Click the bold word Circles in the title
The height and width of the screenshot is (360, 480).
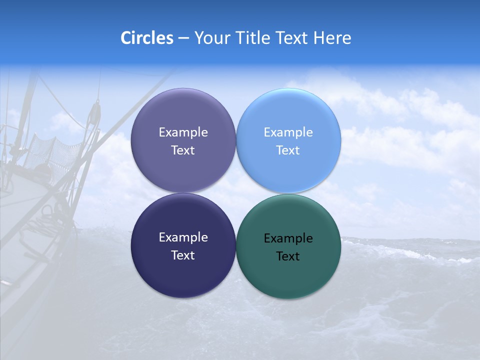click(x=147, y=38)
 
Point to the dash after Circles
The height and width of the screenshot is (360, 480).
click(x=183, y=38)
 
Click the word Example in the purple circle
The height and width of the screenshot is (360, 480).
click(x=183, y=132)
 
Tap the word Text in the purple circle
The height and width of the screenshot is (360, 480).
click(x=183, y=150)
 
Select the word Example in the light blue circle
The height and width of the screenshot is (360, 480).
click(x=288, y=132)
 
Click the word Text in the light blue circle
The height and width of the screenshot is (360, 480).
click(x=288, y=150)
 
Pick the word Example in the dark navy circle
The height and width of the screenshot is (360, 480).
click(x=183, y=237)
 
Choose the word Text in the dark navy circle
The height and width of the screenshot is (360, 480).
click(x=183, y=255)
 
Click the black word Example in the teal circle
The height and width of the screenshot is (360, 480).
click(x=288, y=238)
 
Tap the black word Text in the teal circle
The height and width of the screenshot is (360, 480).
click(x=288, y=256)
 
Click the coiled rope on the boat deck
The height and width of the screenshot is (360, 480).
click(x=47, y=215)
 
